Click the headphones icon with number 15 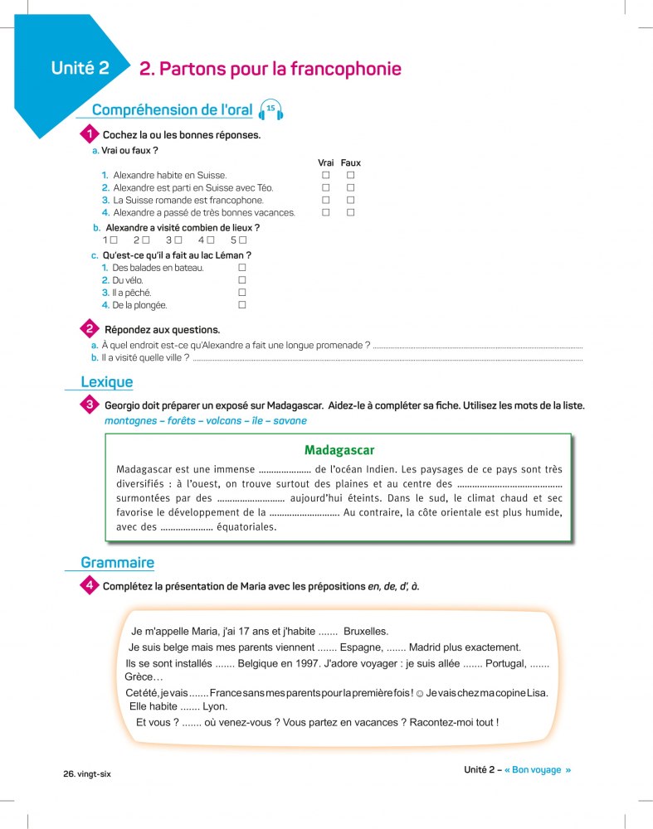pos(271,109)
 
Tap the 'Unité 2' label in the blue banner pos(80,69)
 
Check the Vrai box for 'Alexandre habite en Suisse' pos(326,176)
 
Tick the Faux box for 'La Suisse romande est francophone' pos(351,201)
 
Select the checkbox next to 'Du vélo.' pos(242,280)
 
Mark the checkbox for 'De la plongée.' pos(242,305)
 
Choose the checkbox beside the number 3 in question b pos(178,240)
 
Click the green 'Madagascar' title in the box pos(339,450)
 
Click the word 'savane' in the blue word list pos(290,421)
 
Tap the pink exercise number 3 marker pos(89,405)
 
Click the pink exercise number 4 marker pos(89,586)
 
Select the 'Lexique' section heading pos(106,382)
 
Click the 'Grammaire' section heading pos(117,563)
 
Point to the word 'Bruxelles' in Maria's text pos(366,631)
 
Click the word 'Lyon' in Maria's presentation pos(215,706)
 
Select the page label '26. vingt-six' pos(87,773)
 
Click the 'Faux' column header pos(351,163)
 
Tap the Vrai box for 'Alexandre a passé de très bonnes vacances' pos(326,213)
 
